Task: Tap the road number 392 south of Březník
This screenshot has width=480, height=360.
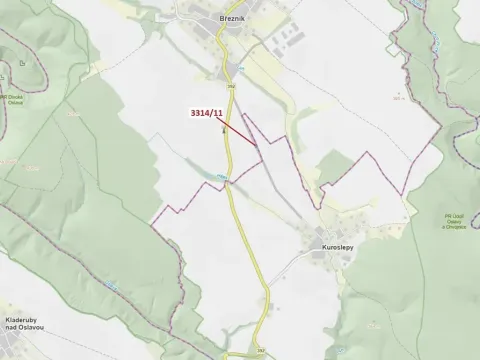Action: pos(229,87)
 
